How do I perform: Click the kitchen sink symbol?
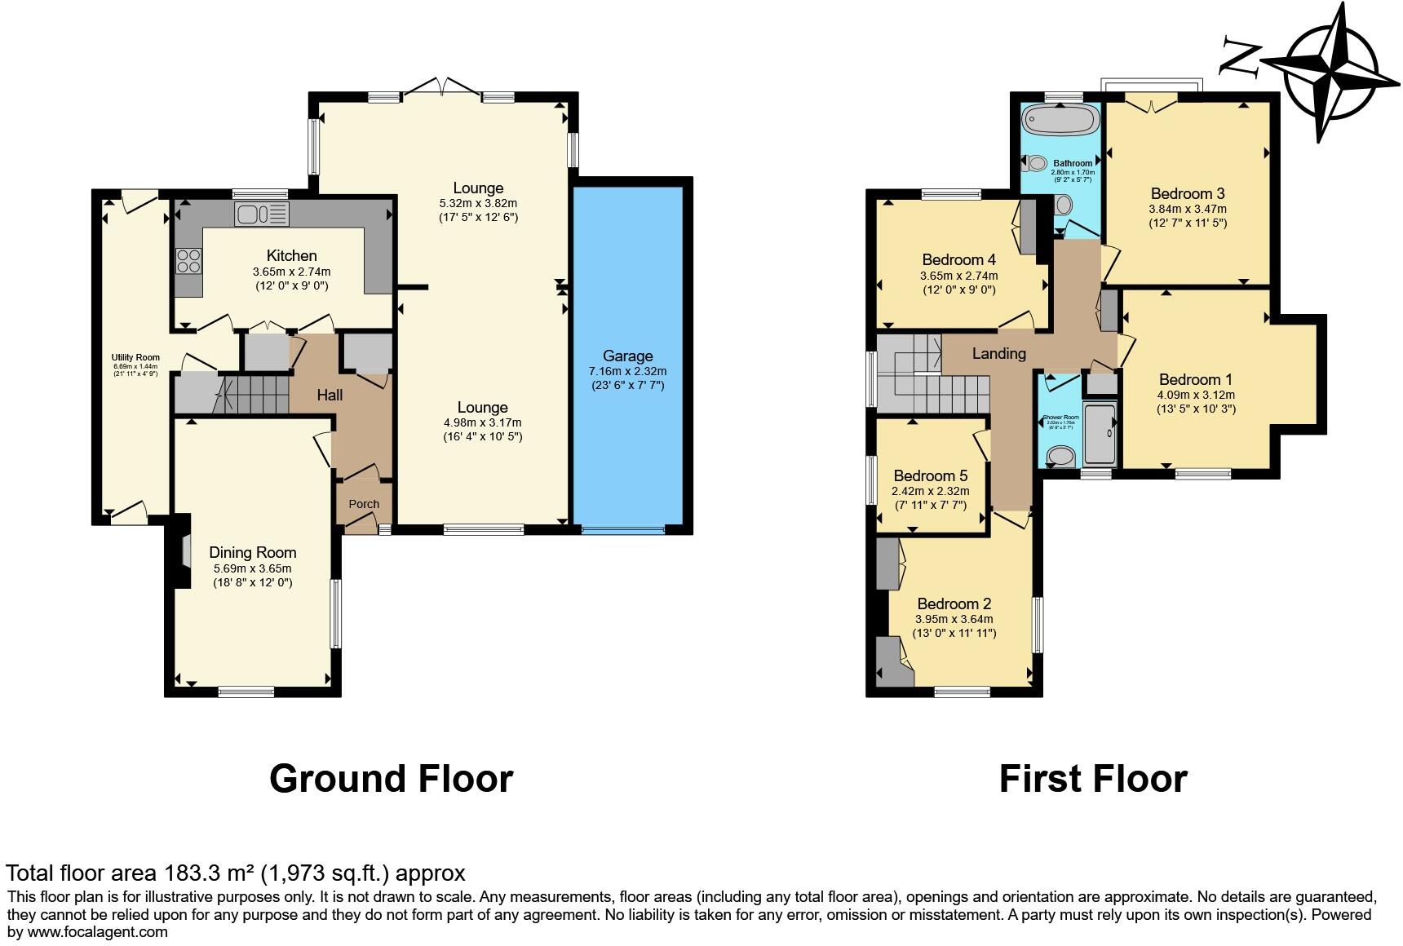pos(262,214)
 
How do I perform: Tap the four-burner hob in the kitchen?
pos(189,261)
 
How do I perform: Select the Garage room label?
pos(627,356)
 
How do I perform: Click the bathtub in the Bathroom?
pos(1061,121)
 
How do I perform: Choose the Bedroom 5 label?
pos(930,475)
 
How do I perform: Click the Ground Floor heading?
pos(391,778)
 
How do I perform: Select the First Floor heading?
pos(1092,778)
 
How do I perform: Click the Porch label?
pos(364,504)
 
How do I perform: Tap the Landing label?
pos(998,353)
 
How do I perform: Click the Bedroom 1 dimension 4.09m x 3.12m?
pos(1195,395)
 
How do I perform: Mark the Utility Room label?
pos(135,357)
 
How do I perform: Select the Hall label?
pos(330,395)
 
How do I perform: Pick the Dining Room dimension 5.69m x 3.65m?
pos(252,568)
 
